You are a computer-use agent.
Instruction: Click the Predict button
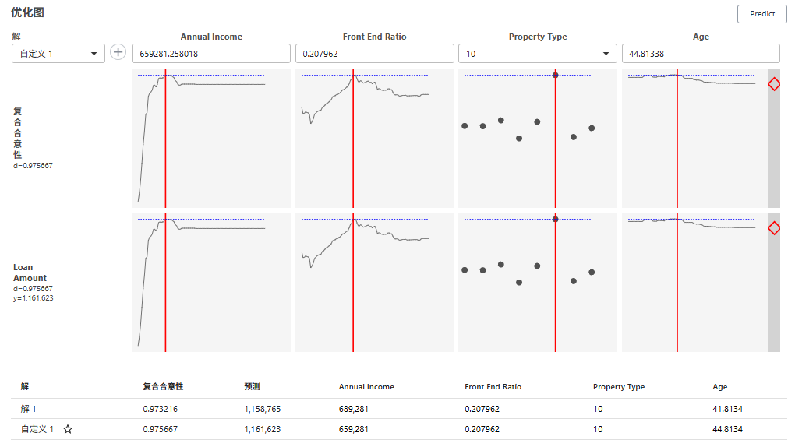coord(761,13)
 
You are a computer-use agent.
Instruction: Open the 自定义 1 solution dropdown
coord(58,54)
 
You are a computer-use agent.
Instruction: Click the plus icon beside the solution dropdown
coord(118,52)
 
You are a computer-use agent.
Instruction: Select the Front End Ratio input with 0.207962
coord(374,54)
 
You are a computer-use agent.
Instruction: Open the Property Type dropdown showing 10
coord(537,54)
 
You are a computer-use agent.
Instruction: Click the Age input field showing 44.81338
coord(700,54)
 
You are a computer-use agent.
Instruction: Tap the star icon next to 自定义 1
coord(68,430)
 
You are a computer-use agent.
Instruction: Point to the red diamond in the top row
coord(774,84)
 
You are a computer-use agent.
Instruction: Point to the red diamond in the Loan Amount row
coord(774,228)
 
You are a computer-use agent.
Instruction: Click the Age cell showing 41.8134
coord(727,409)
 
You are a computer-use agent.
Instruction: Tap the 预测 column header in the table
coord(252,387)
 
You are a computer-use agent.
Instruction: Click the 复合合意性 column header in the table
coord(163,387)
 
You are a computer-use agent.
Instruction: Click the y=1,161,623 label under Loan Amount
coord(33,298)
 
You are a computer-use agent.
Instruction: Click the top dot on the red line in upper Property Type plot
coord(555,75)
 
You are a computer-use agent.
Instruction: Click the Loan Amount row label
coord(30,273)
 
